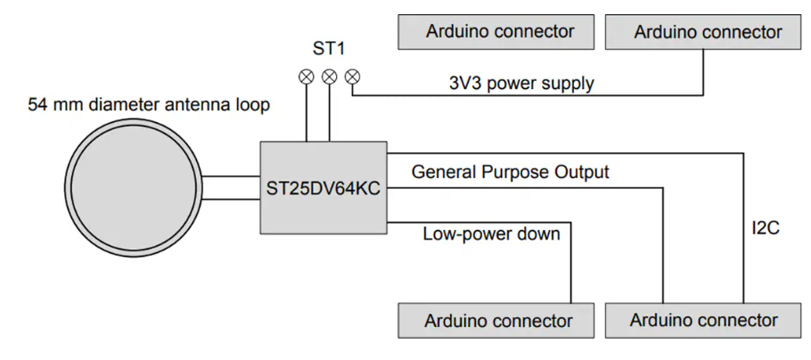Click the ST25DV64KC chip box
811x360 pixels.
click(324, 188)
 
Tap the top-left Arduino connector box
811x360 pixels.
click(496, 32)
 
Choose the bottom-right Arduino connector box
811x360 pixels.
click(703, 320)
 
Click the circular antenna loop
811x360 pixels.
click(132, 188)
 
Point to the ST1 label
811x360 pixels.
click(329, 47)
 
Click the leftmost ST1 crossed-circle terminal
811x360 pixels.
click(306, 77)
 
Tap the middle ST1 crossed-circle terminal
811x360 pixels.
click(329, 77)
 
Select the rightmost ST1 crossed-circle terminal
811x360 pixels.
click(352, 77)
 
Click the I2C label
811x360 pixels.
click(766, 229)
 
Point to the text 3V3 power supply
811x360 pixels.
click(521, 85)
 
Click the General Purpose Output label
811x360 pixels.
click(510, 172)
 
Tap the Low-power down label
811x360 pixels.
click(491, 234)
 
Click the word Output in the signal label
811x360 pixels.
click(580, 172)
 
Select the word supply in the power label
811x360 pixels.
click(569, 86)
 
